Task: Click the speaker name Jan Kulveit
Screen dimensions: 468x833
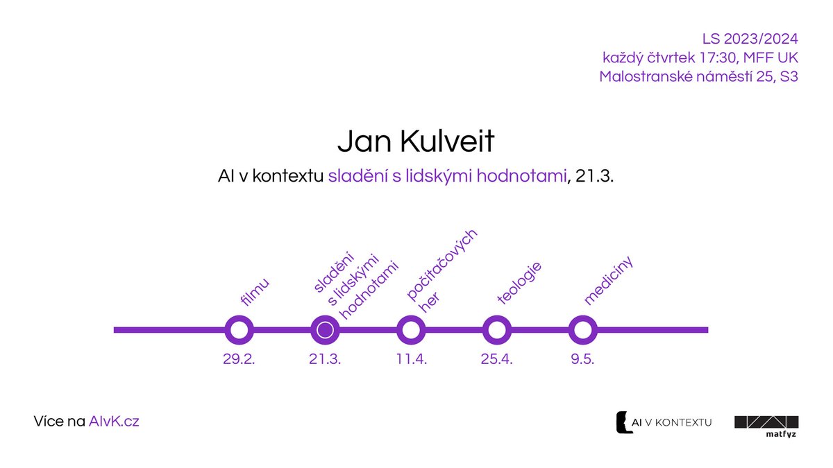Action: pos(416,141)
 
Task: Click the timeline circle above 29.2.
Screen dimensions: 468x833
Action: pos(239,330)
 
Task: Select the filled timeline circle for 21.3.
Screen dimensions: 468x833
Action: pos(324,330)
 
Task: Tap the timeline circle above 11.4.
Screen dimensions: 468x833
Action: pos(410,330)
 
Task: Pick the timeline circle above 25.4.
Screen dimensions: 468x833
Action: pos(496,330)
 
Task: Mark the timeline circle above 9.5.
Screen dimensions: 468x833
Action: pos(582,330)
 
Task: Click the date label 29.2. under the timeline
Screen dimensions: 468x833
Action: pos(239,360)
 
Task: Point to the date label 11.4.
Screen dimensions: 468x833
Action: pos(411,360)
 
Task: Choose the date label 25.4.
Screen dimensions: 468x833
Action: pos(496,360)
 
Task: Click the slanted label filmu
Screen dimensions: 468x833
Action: pos(254,292)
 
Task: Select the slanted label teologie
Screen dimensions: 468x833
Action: pos(520,283)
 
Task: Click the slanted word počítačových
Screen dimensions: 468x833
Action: pos(443,265)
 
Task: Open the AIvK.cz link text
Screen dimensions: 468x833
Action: pos(114,421)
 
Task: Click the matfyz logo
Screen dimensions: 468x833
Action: pos(766,426)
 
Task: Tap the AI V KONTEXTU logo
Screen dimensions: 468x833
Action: pos(664,422)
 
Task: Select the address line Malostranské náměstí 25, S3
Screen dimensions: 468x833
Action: pos(698,76)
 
